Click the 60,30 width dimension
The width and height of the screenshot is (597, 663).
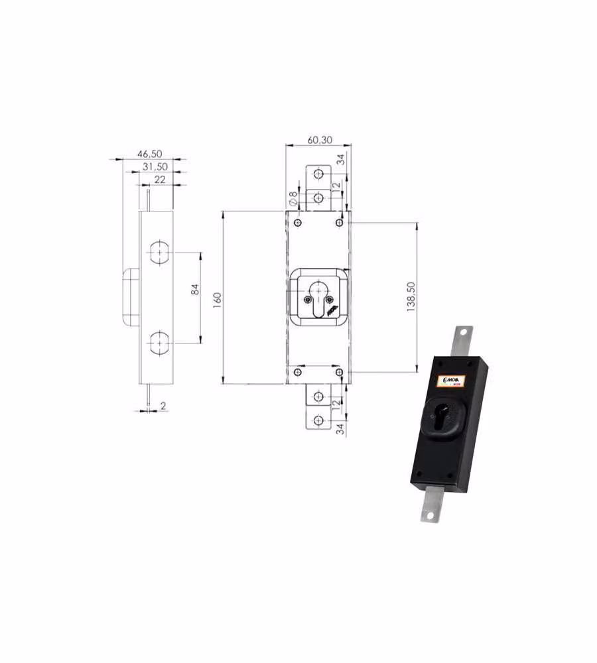point(320,139)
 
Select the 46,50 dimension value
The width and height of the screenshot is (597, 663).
point(149,154)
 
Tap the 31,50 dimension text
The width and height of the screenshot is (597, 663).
point(155,166)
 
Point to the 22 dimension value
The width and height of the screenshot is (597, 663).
point(159,179)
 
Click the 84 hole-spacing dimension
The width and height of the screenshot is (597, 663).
point(195,290)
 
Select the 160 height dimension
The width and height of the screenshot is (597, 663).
point(217,300)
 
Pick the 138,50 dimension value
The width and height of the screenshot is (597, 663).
point(411,297)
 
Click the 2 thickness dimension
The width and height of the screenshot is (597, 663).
point(163,406)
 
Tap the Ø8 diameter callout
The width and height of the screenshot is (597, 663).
point(293,198)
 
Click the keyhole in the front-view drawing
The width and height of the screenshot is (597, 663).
point(318,298)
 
